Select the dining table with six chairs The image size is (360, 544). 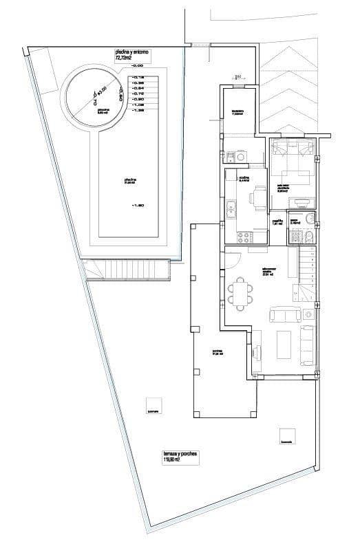click(x=242, y=294)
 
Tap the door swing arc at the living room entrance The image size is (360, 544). click(x=232, y=261)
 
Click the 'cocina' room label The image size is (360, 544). click(x=244, y=178)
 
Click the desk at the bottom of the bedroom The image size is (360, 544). click(x=302, y=201)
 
